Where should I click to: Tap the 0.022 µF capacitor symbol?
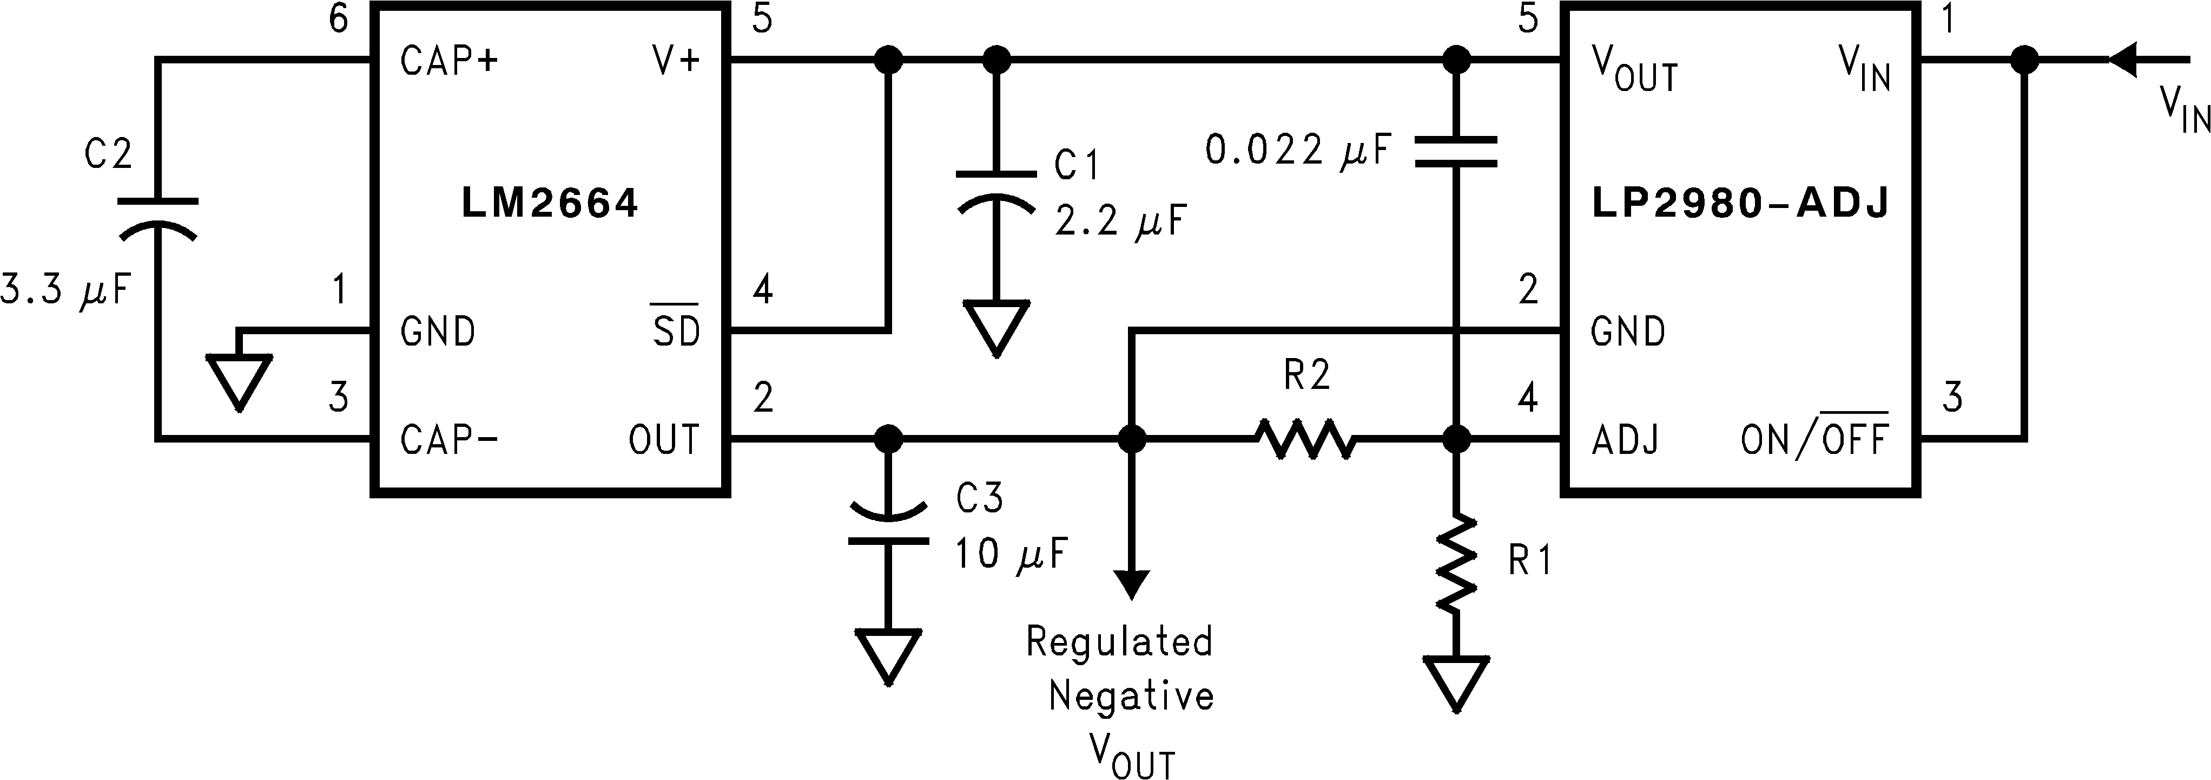click(x=1456, y=151)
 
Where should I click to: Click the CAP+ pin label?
click(x=449, y=61)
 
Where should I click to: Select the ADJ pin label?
click(x=1624, y=440)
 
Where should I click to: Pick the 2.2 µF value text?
click(x=1119, y=222)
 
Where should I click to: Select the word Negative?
click(x=1131, y=696)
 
